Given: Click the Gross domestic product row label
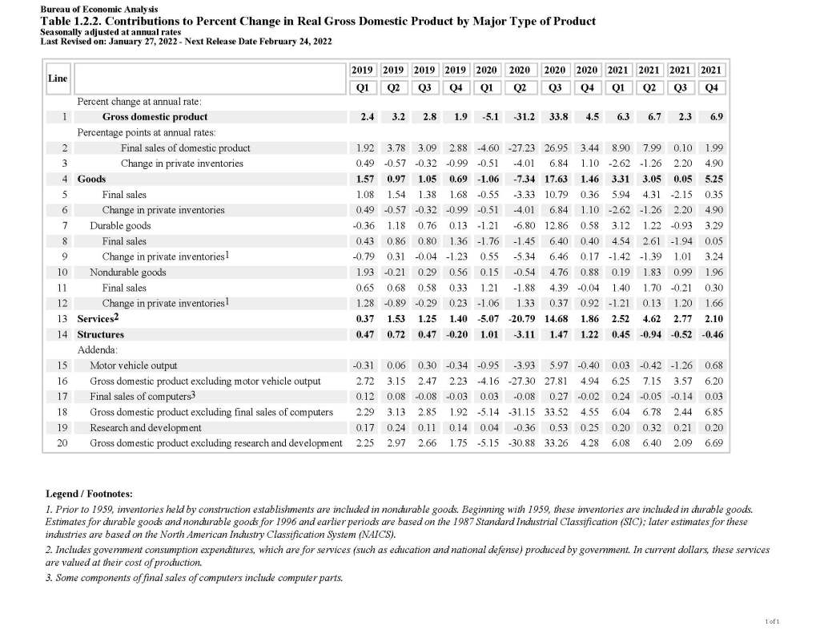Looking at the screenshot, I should (x=155, y=117).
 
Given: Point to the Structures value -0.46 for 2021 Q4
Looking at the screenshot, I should (x=709, y=334).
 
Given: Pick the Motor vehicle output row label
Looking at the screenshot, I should (x=134, y=365).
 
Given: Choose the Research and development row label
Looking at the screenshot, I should (x=146, y=427).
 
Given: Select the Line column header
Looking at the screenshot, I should (x=58, y=78).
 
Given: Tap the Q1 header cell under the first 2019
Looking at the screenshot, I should (x=363, y=87).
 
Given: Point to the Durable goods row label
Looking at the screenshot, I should (x=120, y=226).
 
